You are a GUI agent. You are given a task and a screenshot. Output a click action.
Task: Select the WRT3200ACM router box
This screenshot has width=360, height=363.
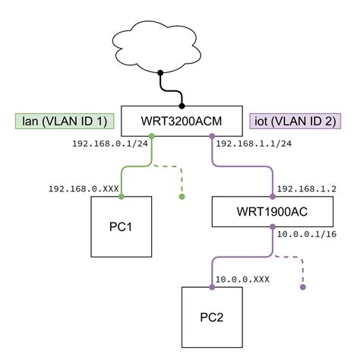click(182, 121)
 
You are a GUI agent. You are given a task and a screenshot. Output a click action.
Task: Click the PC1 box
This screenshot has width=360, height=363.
click(122, 227)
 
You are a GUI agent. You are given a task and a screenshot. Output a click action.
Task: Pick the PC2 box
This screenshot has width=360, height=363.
click(210, 317)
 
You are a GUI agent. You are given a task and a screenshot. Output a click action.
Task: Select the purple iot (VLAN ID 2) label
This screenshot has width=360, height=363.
click(295, 120)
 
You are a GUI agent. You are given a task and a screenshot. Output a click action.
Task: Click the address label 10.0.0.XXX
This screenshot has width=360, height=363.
click(243, 279)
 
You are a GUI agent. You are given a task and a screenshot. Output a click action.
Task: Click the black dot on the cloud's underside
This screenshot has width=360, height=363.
click(160, 74)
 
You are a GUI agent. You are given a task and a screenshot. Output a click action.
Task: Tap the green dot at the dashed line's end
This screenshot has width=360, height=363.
click(182, 197)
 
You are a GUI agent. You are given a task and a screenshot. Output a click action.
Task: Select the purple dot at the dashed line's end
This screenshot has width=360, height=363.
click(302, 287)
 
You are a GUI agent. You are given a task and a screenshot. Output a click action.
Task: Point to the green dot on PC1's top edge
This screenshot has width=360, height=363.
click(122, 197)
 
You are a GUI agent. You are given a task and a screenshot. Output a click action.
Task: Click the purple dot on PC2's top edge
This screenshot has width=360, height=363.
click(211, 287)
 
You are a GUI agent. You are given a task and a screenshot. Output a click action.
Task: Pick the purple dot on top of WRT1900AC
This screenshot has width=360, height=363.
click(273, 197)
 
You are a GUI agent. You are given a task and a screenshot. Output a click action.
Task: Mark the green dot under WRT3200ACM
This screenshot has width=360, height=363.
click(152, 136)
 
